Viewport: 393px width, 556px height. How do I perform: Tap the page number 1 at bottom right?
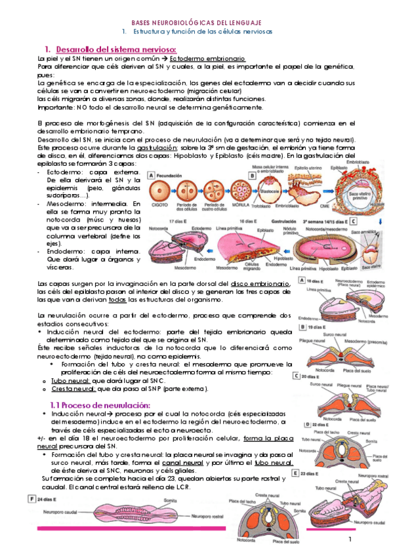(x=351, y=539)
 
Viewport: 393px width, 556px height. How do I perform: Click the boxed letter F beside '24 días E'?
(x=31, y=498)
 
